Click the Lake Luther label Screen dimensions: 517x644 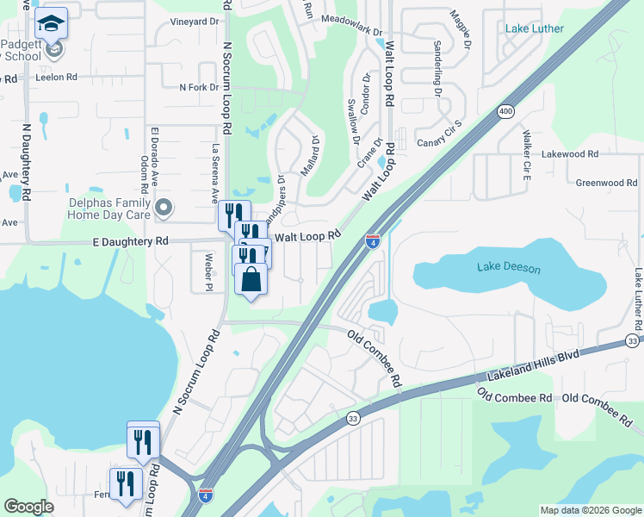click(535, 28)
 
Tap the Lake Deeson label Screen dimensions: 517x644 click(509, 269)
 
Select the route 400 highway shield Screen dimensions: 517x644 click(505, 112)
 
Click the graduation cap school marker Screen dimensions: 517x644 click(51, 24)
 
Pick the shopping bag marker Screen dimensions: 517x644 click(251, 280)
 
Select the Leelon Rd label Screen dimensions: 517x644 click(57, 77)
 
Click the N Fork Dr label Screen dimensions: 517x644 click(200, 88)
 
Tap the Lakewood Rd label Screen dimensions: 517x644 click(569, 154)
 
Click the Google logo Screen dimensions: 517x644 click(28, 507)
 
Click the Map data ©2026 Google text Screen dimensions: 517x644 click(591, 510)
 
